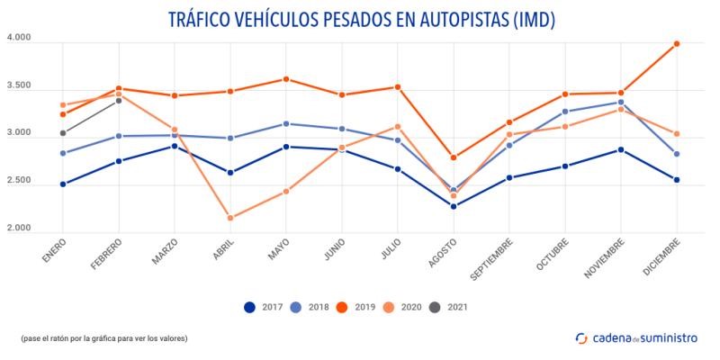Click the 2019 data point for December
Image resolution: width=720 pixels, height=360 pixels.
tap(677, 43)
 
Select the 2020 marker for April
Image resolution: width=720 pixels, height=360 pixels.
tap(230, 218)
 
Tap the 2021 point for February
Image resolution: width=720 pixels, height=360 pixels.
tap(119, 100)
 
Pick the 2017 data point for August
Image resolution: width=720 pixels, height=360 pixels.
tap(454, 206)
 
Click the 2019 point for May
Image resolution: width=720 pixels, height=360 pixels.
tap(286, 79)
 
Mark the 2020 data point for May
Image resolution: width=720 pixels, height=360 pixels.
tap(286, 191)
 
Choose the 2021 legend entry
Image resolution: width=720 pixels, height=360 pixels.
tap(447, 307)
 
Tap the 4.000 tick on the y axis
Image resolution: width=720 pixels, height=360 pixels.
tap(19, 39)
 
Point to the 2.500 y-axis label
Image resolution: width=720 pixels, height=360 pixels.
tap(19, 181)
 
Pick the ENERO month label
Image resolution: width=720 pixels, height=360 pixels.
tap(55, 249)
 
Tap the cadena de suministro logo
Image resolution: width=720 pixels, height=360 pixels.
tap(638, 337)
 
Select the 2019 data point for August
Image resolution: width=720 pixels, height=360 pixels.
tap(454, 157)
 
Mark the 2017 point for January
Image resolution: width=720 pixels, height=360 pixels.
tap(63, 184)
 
